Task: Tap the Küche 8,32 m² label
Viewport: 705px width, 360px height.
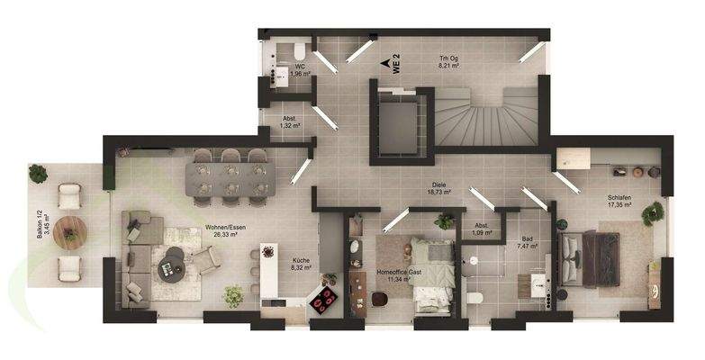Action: [301, 264]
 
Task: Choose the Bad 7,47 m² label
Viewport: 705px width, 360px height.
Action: [526, 243]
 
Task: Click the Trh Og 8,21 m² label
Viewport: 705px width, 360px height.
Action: [448, 62]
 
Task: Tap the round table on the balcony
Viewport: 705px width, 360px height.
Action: [68, 232]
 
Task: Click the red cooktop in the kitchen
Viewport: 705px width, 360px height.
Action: [324, 300]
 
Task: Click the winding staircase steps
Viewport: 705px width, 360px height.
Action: [486, 117]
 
